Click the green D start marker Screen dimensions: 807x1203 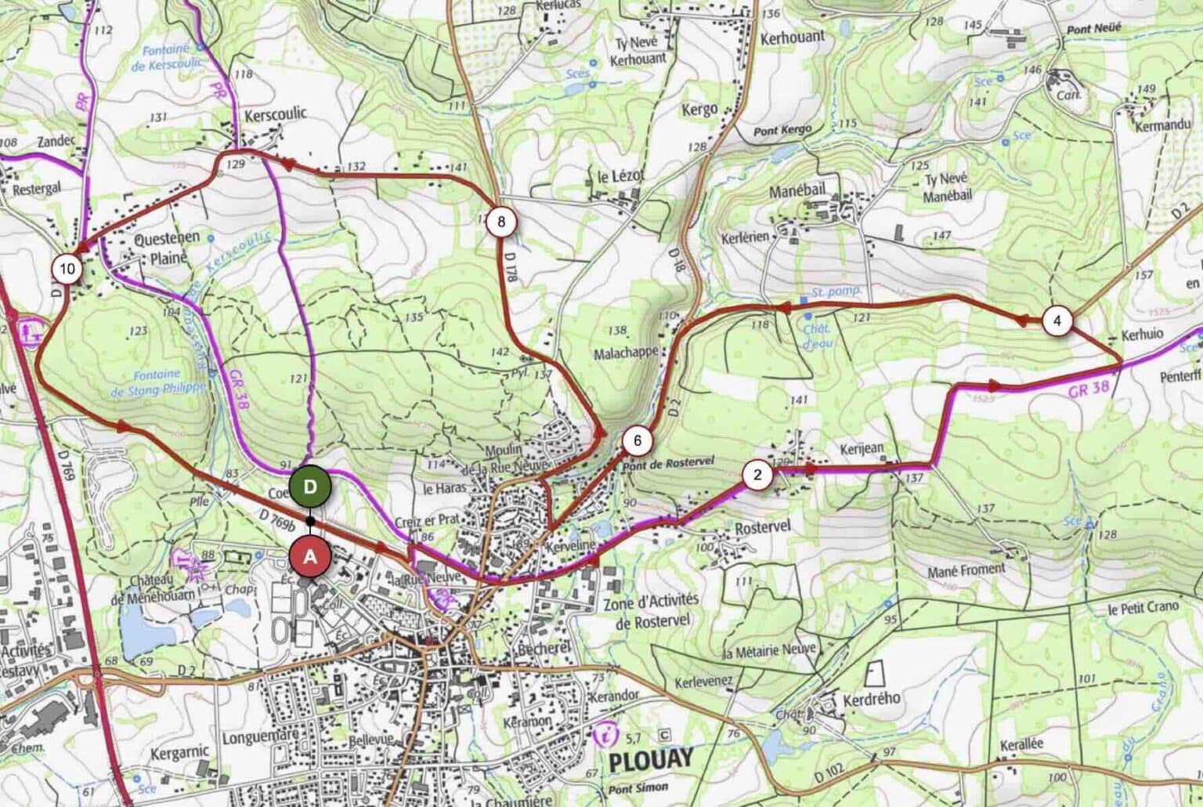(x=310, y=487)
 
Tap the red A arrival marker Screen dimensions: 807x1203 (x=311, y=557)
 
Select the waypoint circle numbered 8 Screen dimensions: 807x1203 (x=500, y=222)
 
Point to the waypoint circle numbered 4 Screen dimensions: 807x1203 (x=1057, y=320)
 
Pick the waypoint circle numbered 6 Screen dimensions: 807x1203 (x=638, y=441)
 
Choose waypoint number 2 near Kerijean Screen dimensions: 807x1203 (x=757, y=475)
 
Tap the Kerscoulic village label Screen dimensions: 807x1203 (x=276, y=114)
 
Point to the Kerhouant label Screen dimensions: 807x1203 (x=793, y=37)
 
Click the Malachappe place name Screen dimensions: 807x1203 (x=626, y=353)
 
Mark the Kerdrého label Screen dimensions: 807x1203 (x=872, y=698)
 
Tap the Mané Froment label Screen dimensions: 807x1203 (x=966, y=571)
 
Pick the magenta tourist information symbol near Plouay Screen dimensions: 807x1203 (x=605, y=736)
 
